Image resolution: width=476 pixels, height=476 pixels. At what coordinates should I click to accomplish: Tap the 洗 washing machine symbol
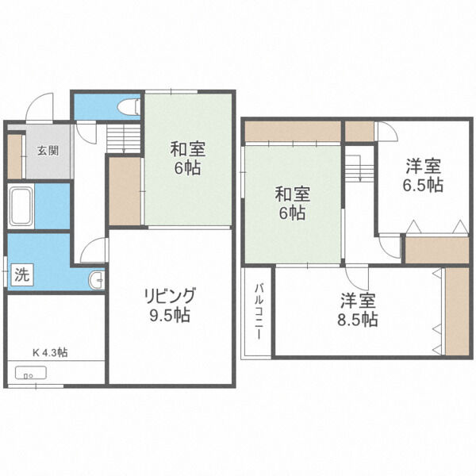(x=22, y=276)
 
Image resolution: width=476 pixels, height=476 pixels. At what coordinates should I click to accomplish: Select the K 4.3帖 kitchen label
(x=49, y=351)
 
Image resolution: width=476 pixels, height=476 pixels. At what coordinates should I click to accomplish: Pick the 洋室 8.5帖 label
(x=359, y=311)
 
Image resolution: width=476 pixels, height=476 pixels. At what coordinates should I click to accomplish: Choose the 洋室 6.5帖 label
(x=424, y=176)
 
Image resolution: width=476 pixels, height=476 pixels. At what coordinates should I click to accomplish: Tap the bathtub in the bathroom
(x=21, y=207)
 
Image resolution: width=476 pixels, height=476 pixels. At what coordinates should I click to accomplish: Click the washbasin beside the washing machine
(x=95, y=278)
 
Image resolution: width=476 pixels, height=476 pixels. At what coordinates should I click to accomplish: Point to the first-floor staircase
(x=122, y=139)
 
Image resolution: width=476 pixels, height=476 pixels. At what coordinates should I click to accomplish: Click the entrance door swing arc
(x=40, y=106)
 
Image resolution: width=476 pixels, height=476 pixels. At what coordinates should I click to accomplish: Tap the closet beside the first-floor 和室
(x=125, y=191)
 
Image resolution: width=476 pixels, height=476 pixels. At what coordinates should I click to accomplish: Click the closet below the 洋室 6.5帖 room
(x=436, y=249)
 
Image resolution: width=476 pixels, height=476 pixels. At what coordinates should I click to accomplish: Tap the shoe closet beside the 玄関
(x=13, y=156)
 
